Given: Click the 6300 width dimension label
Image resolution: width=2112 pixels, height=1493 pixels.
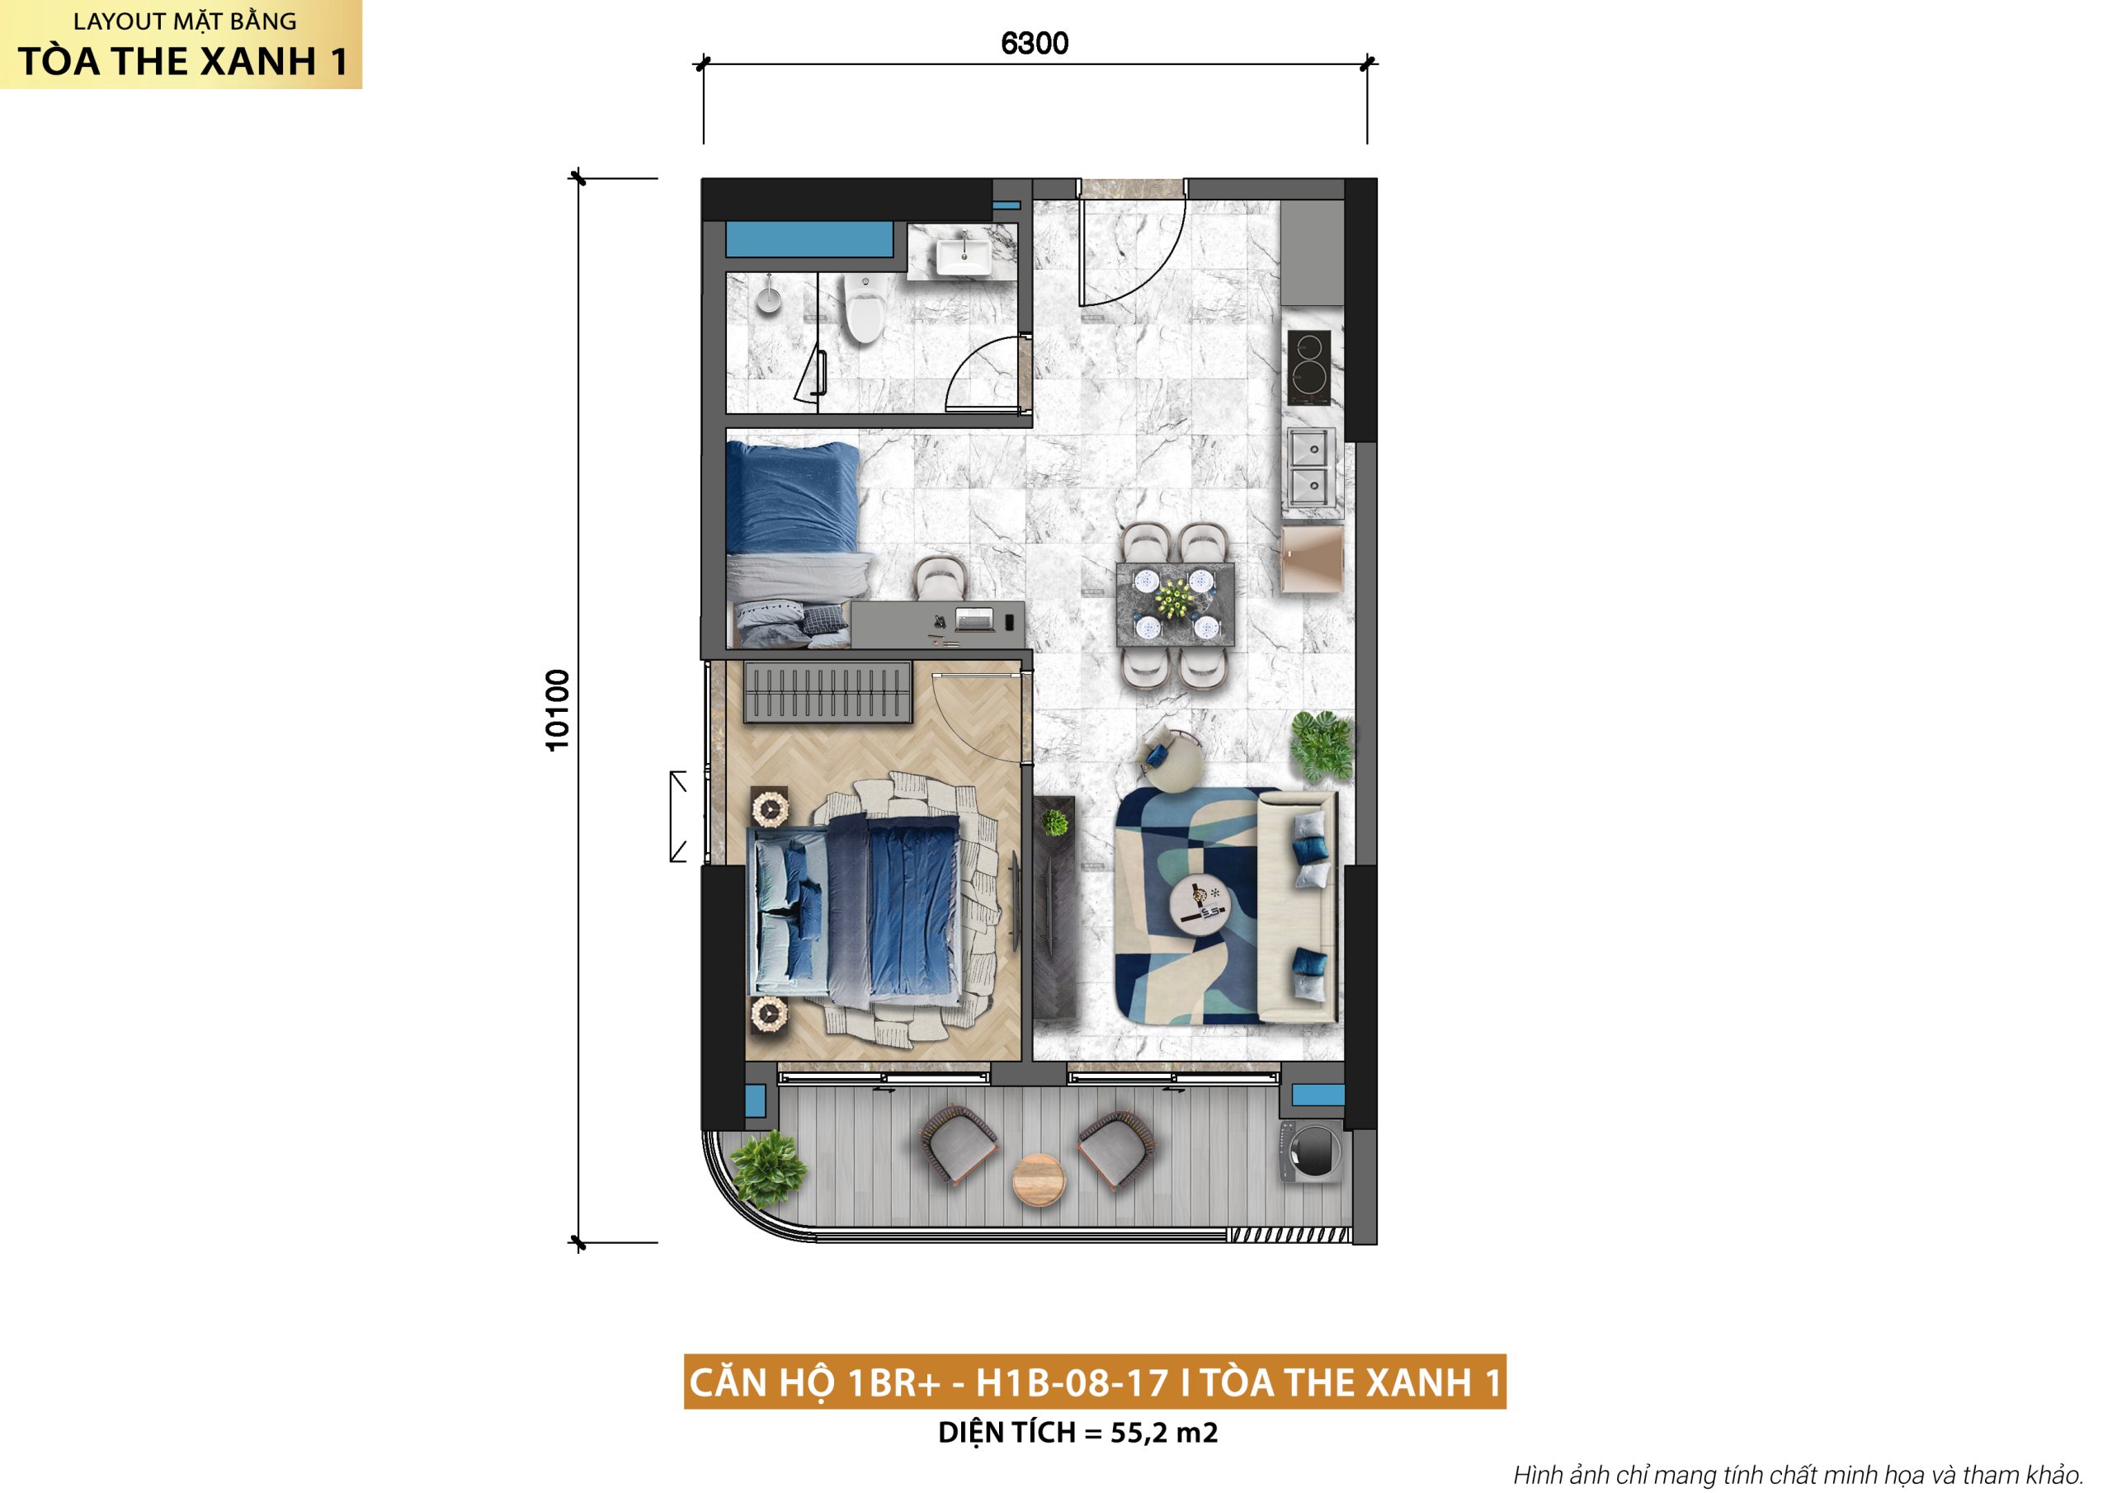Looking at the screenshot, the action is (1034, 43).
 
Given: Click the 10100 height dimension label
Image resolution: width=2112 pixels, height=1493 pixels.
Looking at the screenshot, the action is (558, 710).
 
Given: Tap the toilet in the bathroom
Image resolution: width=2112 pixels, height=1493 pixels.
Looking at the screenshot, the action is (864, 308).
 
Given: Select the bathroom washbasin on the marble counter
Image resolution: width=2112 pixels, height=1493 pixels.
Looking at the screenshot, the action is (963, 254).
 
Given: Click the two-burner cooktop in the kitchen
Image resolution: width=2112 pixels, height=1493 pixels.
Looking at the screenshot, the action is (1308, 368).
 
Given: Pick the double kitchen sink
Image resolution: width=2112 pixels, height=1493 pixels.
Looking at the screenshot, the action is (1312, 466).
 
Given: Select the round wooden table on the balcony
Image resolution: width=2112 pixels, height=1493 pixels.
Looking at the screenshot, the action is (1039, 1180).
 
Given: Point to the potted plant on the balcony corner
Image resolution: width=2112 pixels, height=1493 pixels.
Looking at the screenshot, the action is (766, 1168).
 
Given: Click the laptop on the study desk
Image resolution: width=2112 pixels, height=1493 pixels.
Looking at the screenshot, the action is (974, 619).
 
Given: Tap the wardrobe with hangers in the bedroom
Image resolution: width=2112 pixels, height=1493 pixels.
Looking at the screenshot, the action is (827, 692).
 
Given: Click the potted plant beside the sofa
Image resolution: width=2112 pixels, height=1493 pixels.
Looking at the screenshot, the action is (1322, 746).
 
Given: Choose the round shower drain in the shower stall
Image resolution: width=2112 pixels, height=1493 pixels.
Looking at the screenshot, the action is (769, 299).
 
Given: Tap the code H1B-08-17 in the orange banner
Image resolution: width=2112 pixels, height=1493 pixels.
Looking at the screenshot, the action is (1072, 1382).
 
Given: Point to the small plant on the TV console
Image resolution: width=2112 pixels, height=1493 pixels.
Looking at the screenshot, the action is (1054, 822).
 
